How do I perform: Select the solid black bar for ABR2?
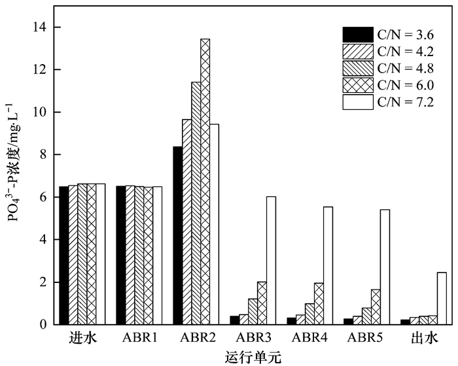pyautogui.click(x=177, y=235)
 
